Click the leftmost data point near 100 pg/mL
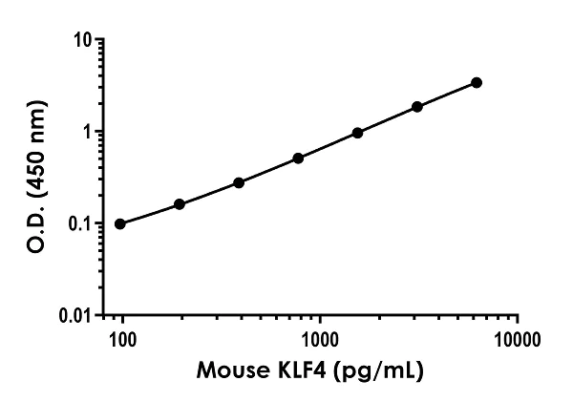tap(119, 223)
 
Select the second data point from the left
tap(180, 204)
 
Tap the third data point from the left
tap(239, 182)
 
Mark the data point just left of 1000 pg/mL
tap(298, 158)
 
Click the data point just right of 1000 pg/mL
tap(357, 133)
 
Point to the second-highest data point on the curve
tap(417, 107)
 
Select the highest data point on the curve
tap(477, 82)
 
